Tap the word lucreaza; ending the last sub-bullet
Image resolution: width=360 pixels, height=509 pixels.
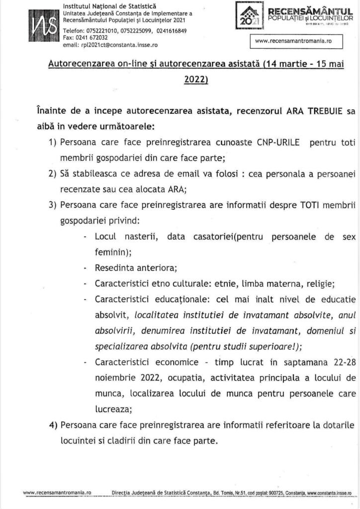pyautogui.click(x=113, y=410)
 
